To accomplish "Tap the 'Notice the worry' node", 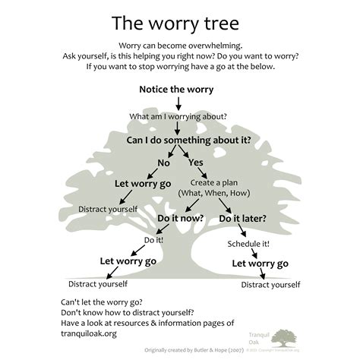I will [176, 89].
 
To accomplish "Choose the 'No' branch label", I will [163, 163].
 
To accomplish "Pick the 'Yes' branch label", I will [195, 163].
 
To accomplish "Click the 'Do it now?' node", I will [180, 218].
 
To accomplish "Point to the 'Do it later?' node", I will [242, 219].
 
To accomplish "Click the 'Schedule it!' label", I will [248, 244].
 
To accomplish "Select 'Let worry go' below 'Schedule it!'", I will [260, 264].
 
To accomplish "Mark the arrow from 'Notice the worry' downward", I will [176, 103].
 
